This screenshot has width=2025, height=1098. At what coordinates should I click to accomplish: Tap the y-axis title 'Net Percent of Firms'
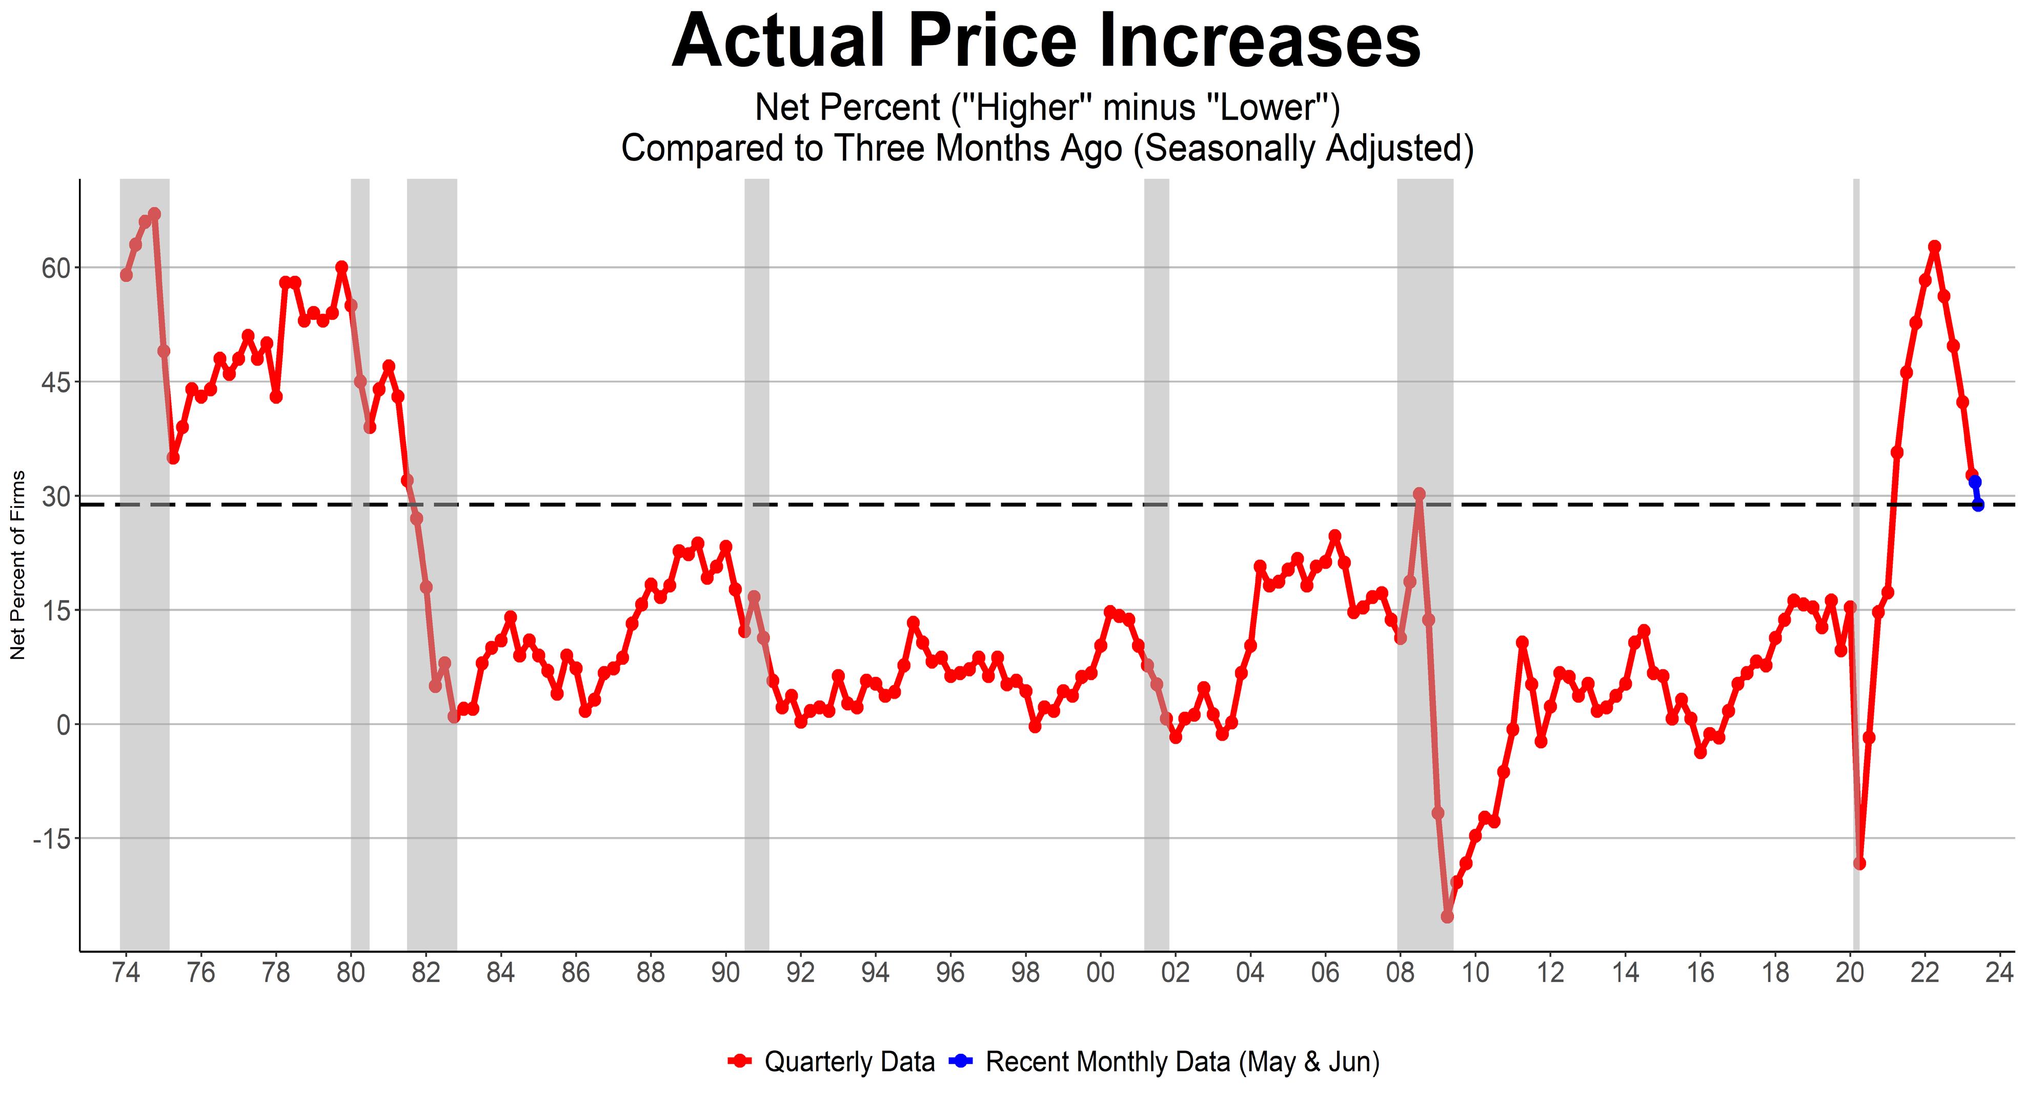18,565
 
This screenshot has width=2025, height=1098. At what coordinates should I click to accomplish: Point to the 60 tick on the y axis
56,268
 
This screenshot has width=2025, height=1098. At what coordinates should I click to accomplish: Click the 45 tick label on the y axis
56,382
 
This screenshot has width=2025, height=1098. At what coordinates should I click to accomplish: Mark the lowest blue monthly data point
1978,505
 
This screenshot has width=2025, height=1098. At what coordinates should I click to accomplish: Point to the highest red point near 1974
154,214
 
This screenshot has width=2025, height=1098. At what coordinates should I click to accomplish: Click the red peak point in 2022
1935,247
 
